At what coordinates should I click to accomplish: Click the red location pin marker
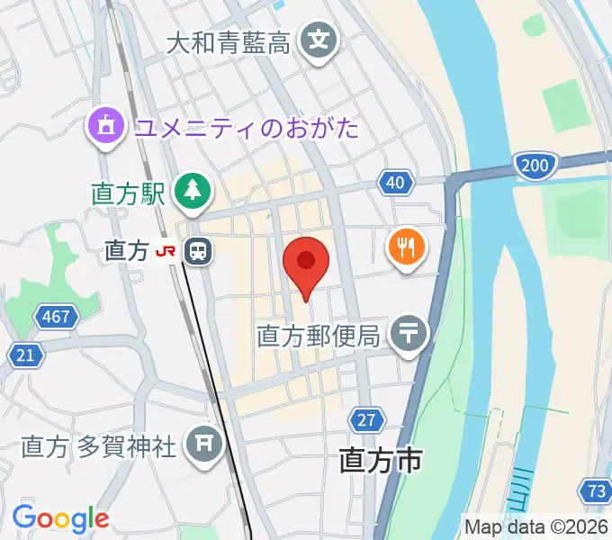click(306, 263)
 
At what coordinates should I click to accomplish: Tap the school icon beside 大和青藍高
click(319, 40)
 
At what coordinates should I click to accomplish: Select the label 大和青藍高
click(229, 41)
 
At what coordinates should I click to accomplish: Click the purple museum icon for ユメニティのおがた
click(106, 124)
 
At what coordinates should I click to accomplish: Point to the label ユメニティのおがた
click(247, 127)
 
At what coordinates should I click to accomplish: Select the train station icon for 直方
click(197, 251)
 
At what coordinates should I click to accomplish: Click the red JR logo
click(166, 252)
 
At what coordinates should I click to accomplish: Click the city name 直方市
click(381, 461)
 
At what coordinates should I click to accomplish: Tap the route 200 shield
click(534, 164)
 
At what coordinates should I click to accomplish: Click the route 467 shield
click(57, 317)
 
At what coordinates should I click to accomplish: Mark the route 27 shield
click(366, 419)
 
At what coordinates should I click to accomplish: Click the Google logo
click(60, 518)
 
